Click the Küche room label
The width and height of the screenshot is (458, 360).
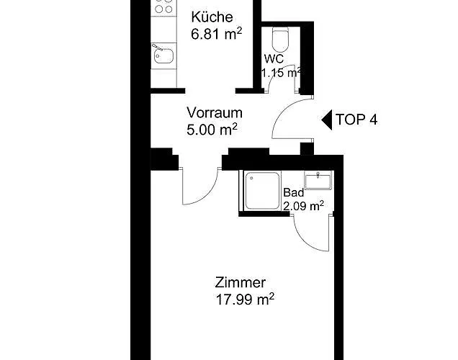click(x=210, y=17)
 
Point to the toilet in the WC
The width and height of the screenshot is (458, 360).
click(x=279, y=37)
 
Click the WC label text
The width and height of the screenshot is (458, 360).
click(x=274, y=58)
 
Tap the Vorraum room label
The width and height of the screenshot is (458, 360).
click(x=214, y=113)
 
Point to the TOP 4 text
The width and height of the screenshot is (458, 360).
click(x=356, y=120)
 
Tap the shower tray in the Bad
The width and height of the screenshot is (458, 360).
click(x=261, y=191)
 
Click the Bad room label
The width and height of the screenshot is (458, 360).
click(x=294, y=193)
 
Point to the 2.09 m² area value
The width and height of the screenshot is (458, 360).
click(x=303, y=206)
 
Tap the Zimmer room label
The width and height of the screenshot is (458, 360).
click(x=240, y=283)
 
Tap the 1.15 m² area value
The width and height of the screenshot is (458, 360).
click(x=281, y=72)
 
